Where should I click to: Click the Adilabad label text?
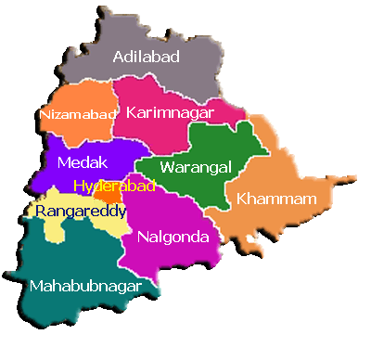click(147, 58)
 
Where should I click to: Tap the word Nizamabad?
click(78, 115)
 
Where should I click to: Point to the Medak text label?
click(76, 162)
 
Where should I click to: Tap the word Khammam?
click(276, 199)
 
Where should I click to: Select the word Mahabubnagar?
click(85, 286)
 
